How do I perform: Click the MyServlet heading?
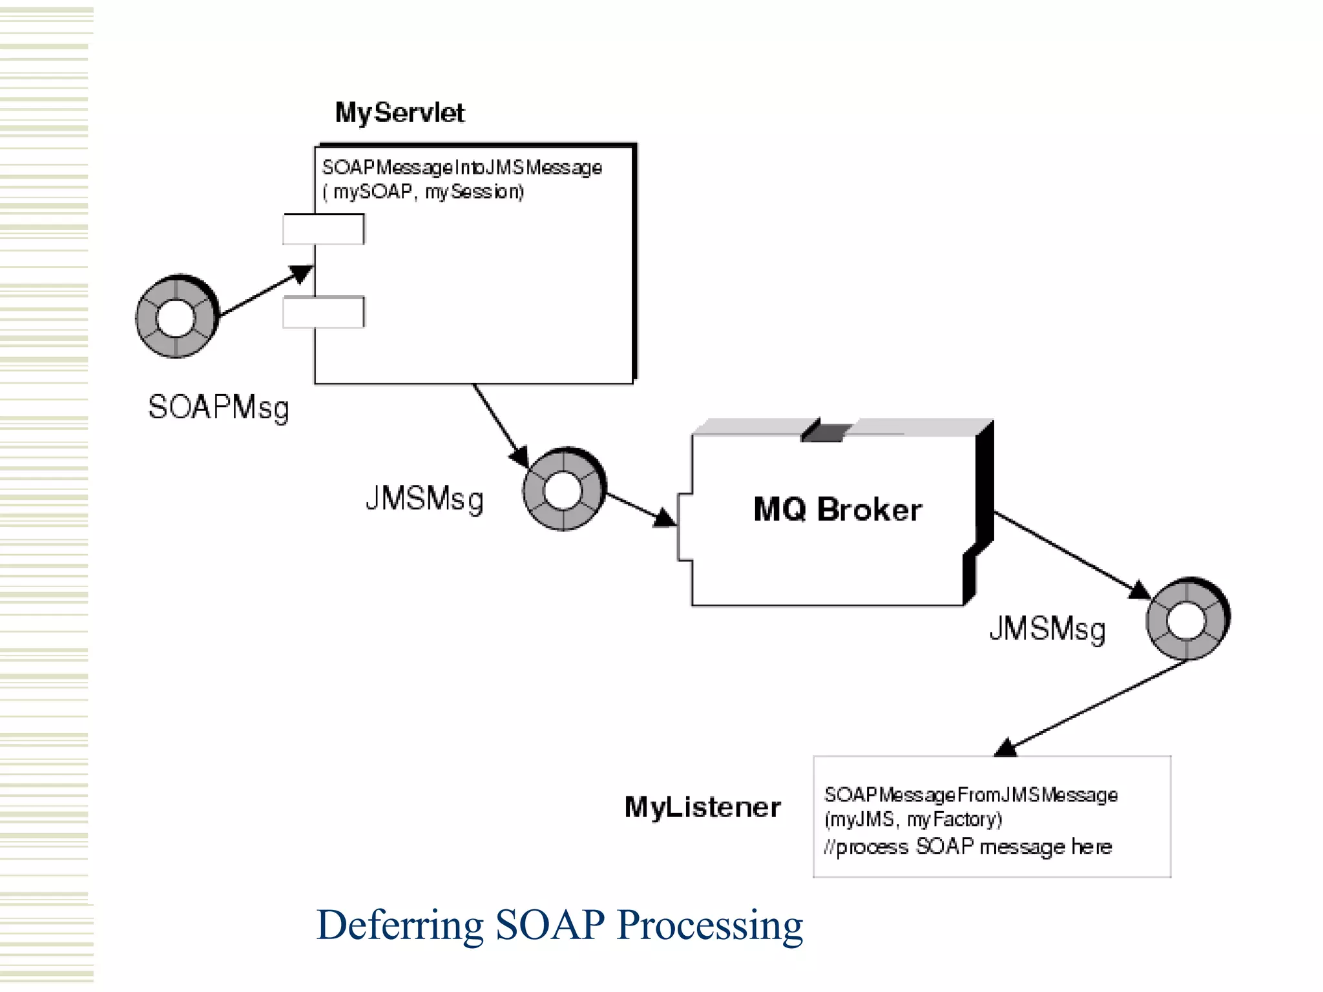pyautogui.click(x=399, y=113)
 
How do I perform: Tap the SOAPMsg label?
pyautogui.click(x=218, y=408)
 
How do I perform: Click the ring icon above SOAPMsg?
pyautogui.click(x=176, y=317)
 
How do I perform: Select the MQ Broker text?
pyautogui.click(x=837, y=510)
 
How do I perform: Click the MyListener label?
pyautogui.click(x=702, y=807)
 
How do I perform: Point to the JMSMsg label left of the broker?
pyautogui.click(x=424, y=499)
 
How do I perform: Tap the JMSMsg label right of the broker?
pyautogui.click(x=1047, y=629)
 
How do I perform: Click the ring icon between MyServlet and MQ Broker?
pyautogui.click(x=563, y=490)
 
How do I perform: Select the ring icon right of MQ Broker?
pyautogui.click(x=1187, y=619)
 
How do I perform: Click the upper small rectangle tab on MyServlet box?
pyautogui.click(x=324, y=229)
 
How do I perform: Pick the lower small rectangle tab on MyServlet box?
pyautogui.click(x=324, y=312)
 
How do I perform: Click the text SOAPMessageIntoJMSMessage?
pyautogui.click(x=462, y=168)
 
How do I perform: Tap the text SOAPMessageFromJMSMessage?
pyautogui.click(x=970, y=795)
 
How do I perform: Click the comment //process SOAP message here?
pyautogui.click(x=968, y=847)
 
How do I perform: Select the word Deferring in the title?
pyautogui.click(x=400, y=925)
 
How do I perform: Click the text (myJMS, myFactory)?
pyautogui.click(x=913, y=820)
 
